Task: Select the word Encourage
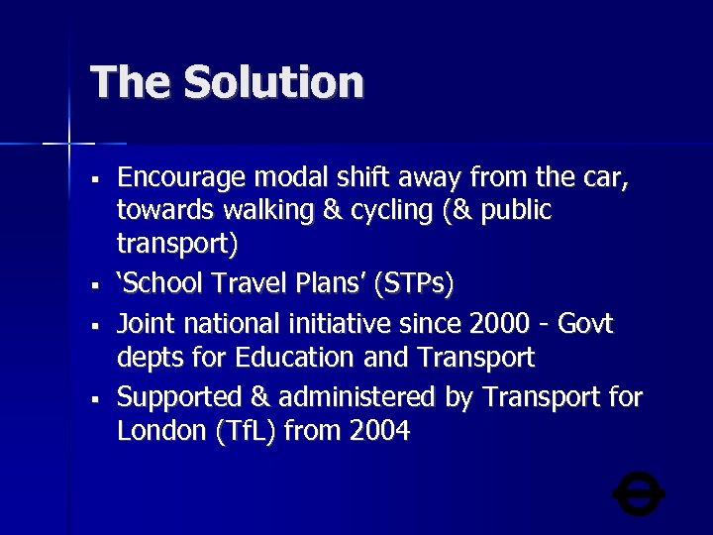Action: coord(182,179)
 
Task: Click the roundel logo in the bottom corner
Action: coord(639,492)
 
